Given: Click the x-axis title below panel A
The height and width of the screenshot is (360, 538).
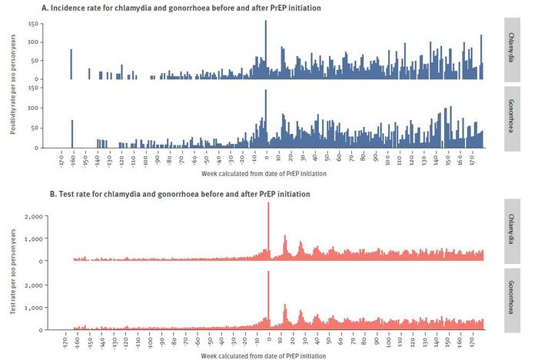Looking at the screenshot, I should pyautogui.click(x=269, y=174).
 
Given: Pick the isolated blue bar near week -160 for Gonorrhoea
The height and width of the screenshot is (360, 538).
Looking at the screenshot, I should pyautogui.click(x=72, y=134).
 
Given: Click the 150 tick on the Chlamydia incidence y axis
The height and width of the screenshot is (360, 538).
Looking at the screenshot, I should pyautogui.click(x=33, y=24).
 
